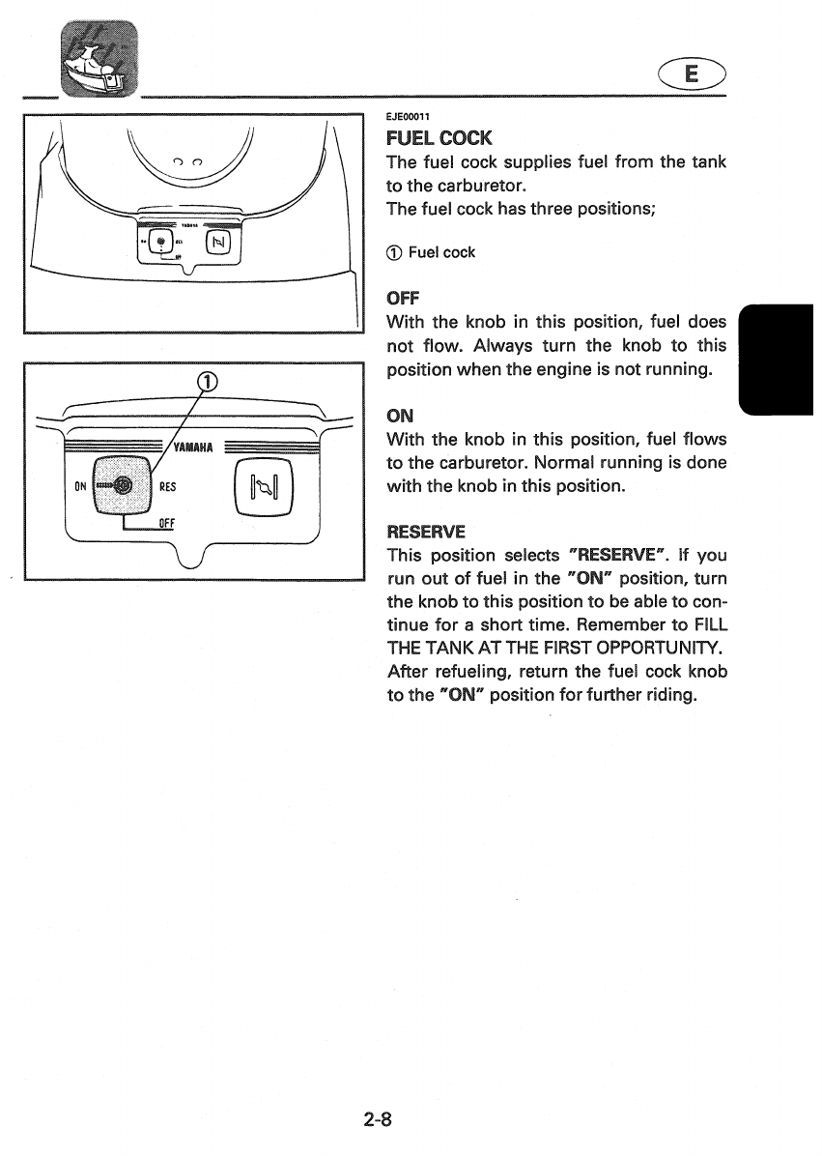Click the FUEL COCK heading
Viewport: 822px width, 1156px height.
point(439,138)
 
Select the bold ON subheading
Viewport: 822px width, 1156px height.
point(399,416)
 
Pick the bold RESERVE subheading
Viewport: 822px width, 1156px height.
point(425,532)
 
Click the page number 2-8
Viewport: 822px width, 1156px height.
point(377,1120)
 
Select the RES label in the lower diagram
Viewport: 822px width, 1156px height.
point(167,487)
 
